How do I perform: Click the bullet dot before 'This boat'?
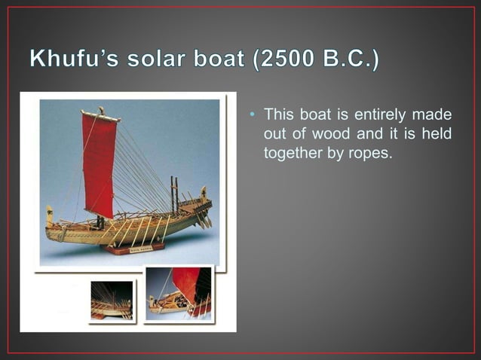click(253, 115)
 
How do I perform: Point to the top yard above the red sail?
click(101, 115)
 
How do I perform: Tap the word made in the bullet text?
click(435, 114)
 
